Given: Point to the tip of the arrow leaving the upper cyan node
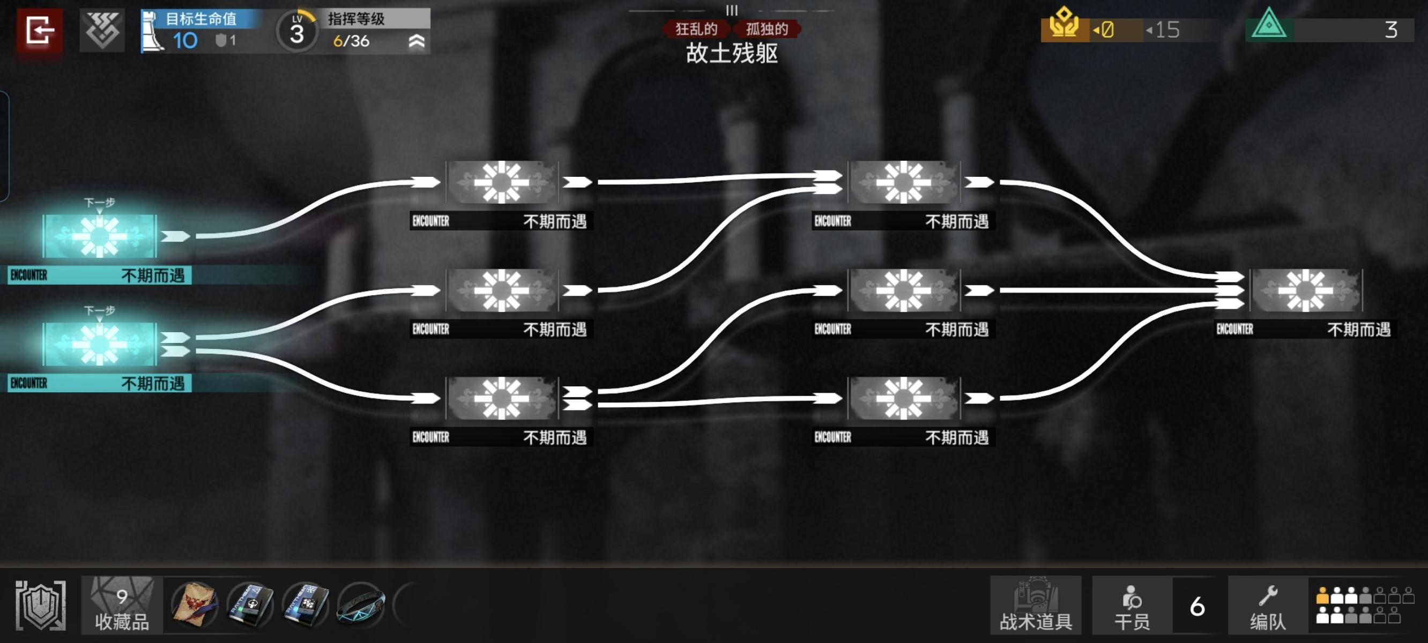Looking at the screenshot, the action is tap(190, 236).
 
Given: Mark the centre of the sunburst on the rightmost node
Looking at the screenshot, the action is tap(1305, 290).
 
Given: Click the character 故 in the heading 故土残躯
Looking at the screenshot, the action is tap(697, 53).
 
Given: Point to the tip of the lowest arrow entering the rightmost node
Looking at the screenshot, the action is tap(1245, 303).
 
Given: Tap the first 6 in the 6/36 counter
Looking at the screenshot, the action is tap(338, 41).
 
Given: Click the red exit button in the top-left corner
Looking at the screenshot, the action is tap(39, 30).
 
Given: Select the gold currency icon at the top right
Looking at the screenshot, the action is tap(1064, 24).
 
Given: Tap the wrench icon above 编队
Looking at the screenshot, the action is tap(1268, 595).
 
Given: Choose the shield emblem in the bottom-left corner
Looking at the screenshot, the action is tap(40, 605).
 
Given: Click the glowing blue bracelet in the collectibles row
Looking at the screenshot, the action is tap(361, 605).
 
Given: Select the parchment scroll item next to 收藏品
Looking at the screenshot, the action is tap(194, 605).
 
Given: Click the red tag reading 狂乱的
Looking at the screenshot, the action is tap(696, 29).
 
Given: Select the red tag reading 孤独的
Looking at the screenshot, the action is tap(767, 29).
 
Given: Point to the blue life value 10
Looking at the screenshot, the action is tap(185, 41).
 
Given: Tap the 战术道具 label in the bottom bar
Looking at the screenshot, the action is tap(1036, 622).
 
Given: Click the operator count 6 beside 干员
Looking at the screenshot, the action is tap(1198, 607).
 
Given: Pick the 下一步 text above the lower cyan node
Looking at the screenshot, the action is tap(100, 310).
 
